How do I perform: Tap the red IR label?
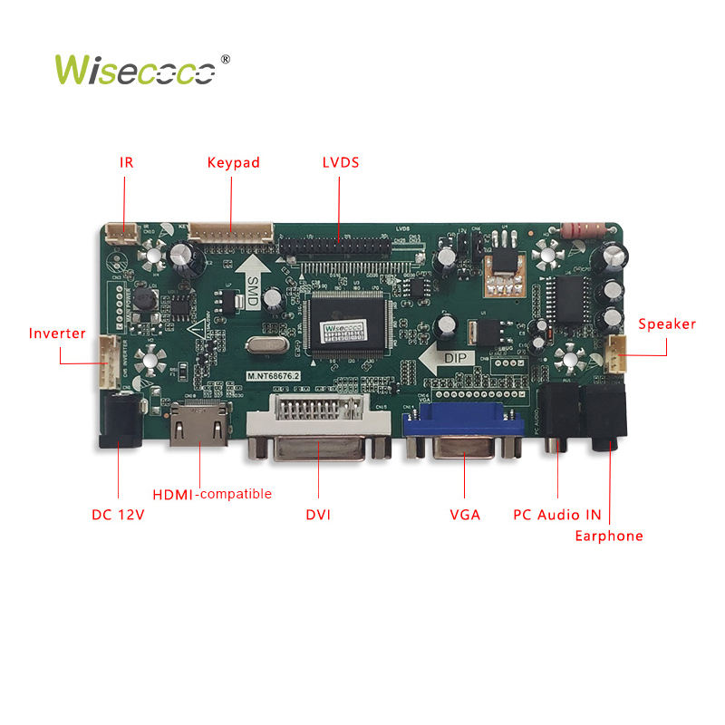pos(126,163)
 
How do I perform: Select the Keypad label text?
pos(233,163)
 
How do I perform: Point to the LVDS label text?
pos(341,163)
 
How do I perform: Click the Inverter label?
pos(57,333)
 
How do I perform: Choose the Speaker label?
pos(667,324)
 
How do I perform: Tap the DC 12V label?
pos(119,515)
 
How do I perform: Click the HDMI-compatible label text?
pos(212,494)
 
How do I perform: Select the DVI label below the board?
pos(318,515)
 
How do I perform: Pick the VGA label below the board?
pos(465,515)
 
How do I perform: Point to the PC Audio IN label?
pos(557,515)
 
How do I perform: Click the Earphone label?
pos(609,536)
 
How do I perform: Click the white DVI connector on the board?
pos(318,426)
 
